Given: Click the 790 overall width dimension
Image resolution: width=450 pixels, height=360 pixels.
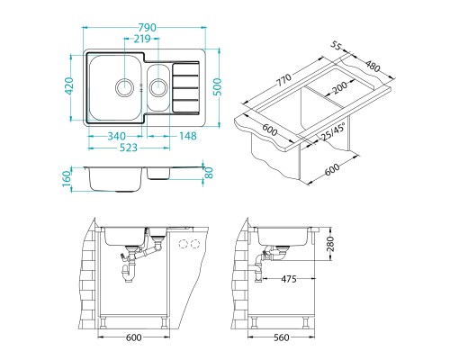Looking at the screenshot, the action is (x=148, y=28).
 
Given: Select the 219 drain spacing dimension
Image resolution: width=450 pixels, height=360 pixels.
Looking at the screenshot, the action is (x=142, y=39).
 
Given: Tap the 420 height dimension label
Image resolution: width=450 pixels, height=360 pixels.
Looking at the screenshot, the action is (x=69, y=86).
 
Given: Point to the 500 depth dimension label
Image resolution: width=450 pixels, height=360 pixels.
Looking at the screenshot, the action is (x=217, y=87).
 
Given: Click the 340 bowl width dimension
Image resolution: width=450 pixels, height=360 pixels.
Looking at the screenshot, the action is (x=117, y=136).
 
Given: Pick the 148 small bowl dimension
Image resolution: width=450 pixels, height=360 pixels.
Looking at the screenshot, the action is (x=188, y=136).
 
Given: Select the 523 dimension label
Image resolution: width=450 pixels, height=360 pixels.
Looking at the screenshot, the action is (x=129, y=148).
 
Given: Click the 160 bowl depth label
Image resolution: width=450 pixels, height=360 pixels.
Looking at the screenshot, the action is (x=67, y=178).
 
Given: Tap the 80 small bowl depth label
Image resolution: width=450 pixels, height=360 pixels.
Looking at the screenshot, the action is (x=209, y=172).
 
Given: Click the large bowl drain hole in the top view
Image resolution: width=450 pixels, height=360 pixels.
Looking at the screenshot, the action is (x=124, y=87).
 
